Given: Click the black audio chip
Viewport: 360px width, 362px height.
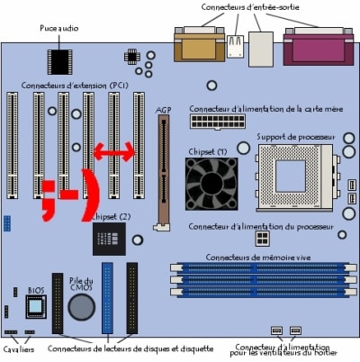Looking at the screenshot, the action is tap(59, 62).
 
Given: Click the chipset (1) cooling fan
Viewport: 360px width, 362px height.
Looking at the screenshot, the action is tap(211, 184).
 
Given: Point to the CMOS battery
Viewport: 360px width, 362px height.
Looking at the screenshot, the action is tap(81, 307).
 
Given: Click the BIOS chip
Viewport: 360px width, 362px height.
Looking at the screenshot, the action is tap(36, 306).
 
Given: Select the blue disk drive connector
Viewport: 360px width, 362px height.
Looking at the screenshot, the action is tap(107, 298).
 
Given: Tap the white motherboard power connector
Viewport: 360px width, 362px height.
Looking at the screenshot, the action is tap(218, 122).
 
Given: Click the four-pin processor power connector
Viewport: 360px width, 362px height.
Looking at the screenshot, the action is tap(262, 239).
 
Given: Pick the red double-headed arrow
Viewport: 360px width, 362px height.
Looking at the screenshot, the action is tap(114, 152).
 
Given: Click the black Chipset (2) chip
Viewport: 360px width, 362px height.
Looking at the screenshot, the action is tap(109, 239).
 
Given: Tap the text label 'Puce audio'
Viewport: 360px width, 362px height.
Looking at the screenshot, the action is tap(59, 28).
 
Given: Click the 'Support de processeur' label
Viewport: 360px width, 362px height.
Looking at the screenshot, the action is tap(295, 137).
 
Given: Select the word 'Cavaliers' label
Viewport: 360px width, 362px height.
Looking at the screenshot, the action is tap(19, 349).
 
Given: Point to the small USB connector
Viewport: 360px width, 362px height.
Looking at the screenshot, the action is tap(235, 46).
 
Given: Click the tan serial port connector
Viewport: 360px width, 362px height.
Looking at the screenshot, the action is tap(199, 44).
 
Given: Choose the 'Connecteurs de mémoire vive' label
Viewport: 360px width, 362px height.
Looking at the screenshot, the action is tap(258, 258).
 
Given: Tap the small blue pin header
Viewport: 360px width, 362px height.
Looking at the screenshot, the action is tap(7, 223).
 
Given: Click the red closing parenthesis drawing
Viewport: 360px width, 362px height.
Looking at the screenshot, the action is tap(91, 195).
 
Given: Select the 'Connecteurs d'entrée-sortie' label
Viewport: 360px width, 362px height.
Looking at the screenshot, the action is tap(250, 7).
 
